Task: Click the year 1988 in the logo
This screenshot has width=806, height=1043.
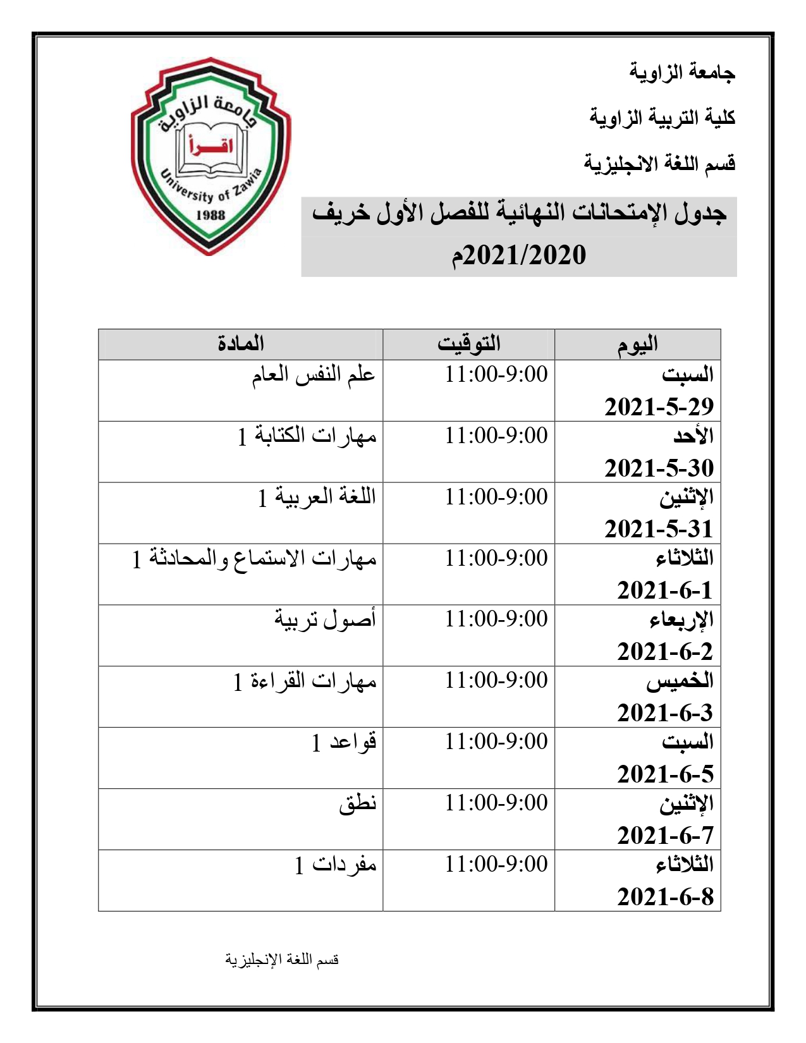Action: click(x=211, y=214)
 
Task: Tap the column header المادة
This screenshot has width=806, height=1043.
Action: click(x=241, y=344)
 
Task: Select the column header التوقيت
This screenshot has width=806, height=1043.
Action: click(x=469, y=344)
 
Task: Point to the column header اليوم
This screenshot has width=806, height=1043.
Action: click(x=638, y=345)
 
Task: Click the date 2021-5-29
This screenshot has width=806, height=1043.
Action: click(x=659, y=406)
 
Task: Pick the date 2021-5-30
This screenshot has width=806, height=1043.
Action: click(x=659, y=468)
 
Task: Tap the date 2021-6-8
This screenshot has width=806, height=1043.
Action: click(x=665, y=896)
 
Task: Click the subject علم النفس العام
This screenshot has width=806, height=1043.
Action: click(x=314, y=374)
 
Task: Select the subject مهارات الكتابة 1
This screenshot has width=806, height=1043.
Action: click(x=307, y=436)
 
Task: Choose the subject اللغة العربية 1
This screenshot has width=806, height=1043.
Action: click(x=317, y=497)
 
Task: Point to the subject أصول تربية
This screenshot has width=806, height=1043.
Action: click(x=325, y=619)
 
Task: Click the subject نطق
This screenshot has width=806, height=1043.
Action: click(x=358, y=803)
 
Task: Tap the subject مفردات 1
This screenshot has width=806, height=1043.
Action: click(x=336, y=864)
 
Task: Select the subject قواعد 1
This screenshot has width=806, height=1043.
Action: click(x=344, y=741)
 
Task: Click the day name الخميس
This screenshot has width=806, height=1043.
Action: click(x=680, y=681)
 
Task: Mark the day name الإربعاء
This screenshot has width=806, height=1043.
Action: click(x=681, y=620)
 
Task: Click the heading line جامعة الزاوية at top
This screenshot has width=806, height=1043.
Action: click(x=682, y=72)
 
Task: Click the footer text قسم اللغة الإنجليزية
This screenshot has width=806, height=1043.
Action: click(x=282, y=960)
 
